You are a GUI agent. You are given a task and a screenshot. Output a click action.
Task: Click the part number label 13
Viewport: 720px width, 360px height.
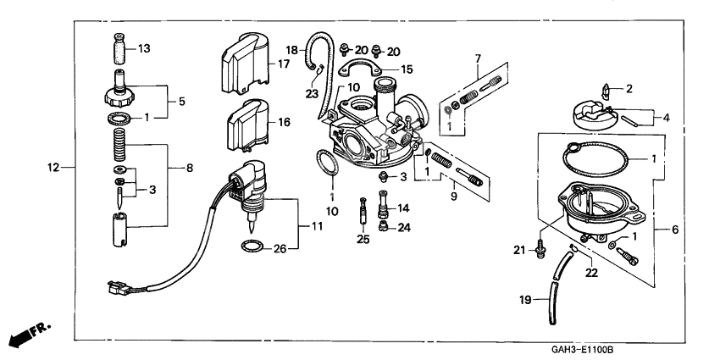144,49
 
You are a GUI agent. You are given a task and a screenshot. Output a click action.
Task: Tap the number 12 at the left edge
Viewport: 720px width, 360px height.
55,168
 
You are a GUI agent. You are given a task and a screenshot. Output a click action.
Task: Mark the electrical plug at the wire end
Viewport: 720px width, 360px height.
114,288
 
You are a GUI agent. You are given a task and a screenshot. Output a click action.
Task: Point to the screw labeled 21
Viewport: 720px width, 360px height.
540,249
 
